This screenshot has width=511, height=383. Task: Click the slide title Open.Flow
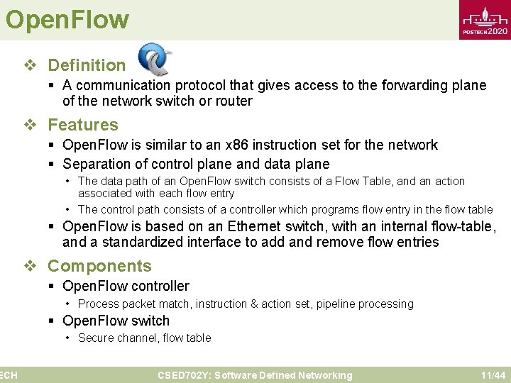(x=67, y=19)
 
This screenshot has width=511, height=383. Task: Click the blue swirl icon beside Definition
(x=155, y=60)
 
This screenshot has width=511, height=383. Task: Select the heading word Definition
(x=87, y=65)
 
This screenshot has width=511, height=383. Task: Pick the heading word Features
(x=83, y=125)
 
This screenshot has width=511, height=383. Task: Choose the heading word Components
(x=99, y=266)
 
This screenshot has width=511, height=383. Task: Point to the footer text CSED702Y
(x=182, y=375)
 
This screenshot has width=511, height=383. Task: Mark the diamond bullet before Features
(x=29, y=125)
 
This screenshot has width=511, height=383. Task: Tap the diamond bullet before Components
(x=29, y=266)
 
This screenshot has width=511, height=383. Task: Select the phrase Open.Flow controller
(x=126, y=286)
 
